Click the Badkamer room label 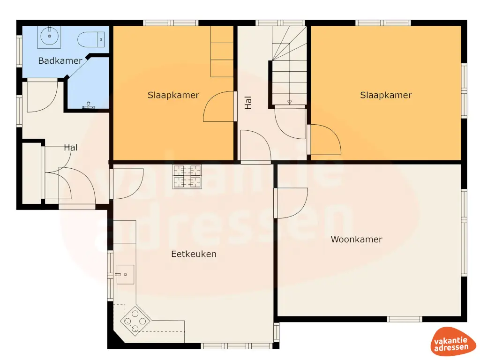click(x=60, y=60)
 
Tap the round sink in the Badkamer click(x=49, y=36)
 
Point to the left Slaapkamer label click(x=173, y=95)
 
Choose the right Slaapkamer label click(x=386, y=95)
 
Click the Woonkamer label click(x=356, y=240)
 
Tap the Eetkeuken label click(x=194, y=254)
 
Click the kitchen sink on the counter click(x=125, y=274)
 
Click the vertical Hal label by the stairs click(x=248, y=103)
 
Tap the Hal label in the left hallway click(x=71, y=148)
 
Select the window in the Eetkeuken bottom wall click(x=237, y=346)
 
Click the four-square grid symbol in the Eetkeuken click(x=187, y=176)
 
